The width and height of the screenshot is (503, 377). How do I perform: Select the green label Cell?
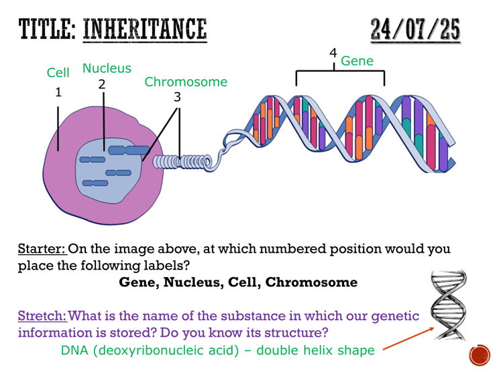click(x=58, y=72)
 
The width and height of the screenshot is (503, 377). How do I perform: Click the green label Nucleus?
click(x=107, y=68)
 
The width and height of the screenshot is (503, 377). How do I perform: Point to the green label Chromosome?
click(x=186, y=82)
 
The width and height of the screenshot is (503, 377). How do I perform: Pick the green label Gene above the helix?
click(x=357, y=61)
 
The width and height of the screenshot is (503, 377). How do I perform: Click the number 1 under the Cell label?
click(x=58, y=93)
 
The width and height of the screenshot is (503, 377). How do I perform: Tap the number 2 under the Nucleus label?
click(x=102, y=84)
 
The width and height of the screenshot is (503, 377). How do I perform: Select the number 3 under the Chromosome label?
click(x=177, y=97)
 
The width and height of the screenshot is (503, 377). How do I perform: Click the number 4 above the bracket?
click(x=333, y=53)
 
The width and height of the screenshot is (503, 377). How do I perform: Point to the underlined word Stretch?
click(x=42, y=315)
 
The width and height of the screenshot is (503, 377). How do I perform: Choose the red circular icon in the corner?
click(x=479, y=355)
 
